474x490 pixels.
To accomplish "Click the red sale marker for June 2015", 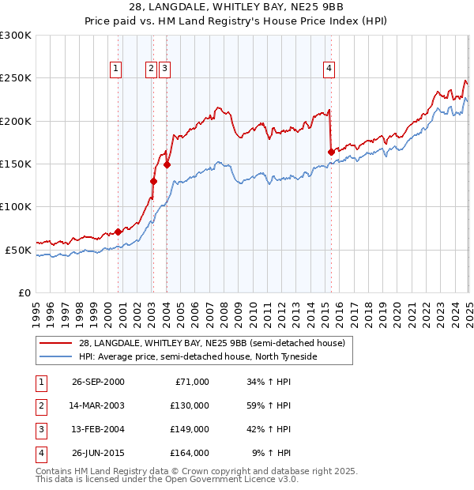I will pyautogui.click(x=330, y=152).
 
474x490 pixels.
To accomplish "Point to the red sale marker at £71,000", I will pyautogui.click(x=118, y=232).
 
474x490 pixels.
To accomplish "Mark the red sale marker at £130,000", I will pyautogui.click(x=153, y=181).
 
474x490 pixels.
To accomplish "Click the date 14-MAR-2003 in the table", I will pyautogui.click(x=98, y=405).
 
